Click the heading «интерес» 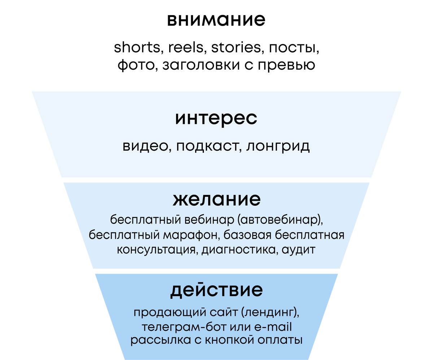click(x=216, y=119)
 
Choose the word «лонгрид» click(x=278, y=146)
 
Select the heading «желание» click(x=216, y=199)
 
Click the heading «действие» click(x=216, y=290)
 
